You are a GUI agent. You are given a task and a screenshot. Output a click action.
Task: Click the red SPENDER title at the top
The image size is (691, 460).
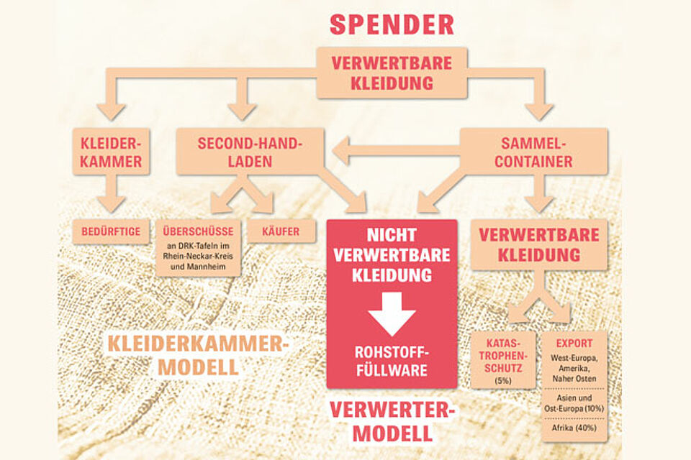point(392,24)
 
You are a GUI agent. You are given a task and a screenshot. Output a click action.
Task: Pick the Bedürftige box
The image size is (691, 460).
point(111,231)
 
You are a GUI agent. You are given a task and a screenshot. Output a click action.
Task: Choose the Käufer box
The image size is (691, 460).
point(281,231)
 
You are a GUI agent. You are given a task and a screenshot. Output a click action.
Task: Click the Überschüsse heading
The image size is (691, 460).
point(198,231)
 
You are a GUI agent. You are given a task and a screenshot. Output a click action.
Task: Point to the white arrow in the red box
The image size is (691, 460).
point(392,313)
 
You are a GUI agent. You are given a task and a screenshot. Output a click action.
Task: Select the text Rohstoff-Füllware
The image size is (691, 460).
point(392,362)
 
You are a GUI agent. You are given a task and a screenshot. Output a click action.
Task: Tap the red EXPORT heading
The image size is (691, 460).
point(574,344)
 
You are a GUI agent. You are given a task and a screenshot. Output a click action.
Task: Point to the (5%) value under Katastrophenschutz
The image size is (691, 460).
point(502,379)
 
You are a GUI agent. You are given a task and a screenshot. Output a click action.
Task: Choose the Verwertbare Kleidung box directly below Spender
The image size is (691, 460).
point(392,73)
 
